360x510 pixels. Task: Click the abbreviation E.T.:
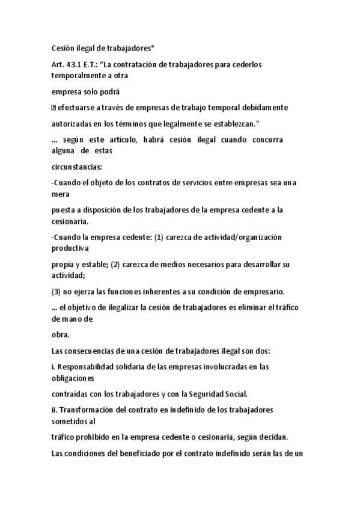[99, 64]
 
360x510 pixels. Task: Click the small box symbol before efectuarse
[54, 108]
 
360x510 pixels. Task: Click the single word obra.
[61, 335]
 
